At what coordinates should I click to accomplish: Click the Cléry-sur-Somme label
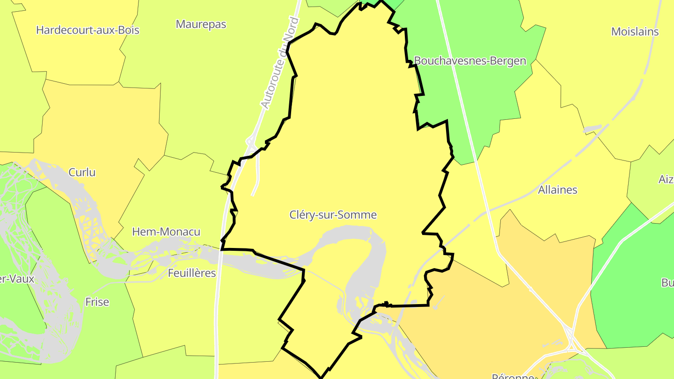[x=333, y=215]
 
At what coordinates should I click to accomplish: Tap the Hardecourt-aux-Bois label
[x=88, y=30]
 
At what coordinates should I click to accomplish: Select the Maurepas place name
[x=201, y=24]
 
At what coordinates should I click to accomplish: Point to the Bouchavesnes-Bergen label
[x=470, y=61]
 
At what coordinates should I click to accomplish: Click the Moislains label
[x=635, y=32]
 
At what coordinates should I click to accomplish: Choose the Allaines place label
[x=557, y=190]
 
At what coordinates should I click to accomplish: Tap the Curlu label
[x=82, y=172]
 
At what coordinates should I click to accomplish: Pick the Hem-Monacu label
[x=166, y=232]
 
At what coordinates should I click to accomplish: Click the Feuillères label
[x=192, y=273]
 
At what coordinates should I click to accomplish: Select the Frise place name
[x=97, y=302]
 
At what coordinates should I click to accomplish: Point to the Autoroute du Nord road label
[x=279, y=63]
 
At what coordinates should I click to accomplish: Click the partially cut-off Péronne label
[x=513, y=376]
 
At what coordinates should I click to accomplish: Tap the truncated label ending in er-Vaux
[x=17, y=279]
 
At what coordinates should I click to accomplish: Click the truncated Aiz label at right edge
[x=666, y=179]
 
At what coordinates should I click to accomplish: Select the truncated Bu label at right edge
[x=667, y=283]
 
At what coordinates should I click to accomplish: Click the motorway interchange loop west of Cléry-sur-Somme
[x=250, y=140]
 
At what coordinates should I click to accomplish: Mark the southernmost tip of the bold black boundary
[x=322, y=377]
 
